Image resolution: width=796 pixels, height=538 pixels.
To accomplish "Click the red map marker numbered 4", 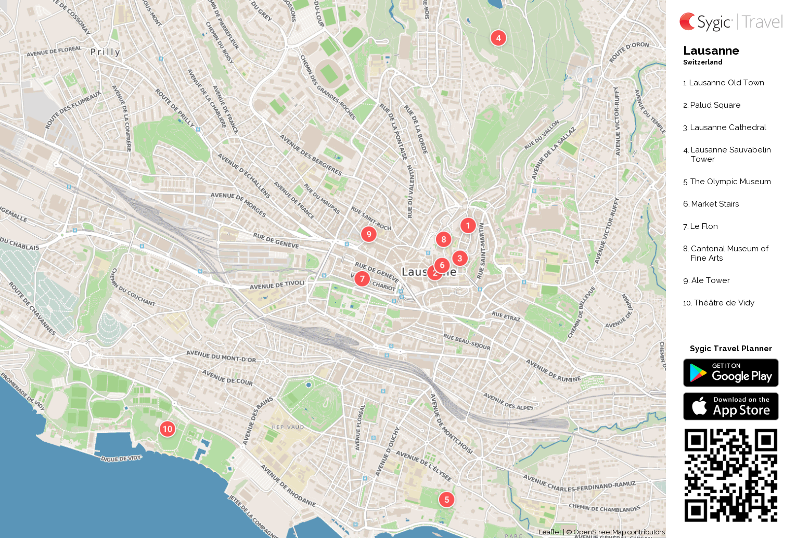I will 498,38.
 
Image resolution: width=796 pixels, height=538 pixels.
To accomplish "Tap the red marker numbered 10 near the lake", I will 167,429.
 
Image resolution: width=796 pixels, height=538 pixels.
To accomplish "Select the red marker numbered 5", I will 446,499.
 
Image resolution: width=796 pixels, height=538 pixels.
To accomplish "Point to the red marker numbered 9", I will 369,234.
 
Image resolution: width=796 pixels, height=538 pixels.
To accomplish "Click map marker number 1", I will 468,225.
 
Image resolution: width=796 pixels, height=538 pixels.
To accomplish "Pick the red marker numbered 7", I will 362,279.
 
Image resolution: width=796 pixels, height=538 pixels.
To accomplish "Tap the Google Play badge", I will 730,373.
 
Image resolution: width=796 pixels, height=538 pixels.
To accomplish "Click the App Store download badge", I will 730,406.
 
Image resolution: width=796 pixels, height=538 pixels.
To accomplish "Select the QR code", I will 730,475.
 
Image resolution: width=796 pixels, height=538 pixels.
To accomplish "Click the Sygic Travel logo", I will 730,22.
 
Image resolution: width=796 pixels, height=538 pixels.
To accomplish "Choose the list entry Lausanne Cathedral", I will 728,127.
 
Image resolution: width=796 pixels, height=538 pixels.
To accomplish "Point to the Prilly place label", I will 105,52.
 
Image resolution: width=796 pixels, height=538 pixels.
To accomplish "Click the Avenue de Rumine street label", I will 553,371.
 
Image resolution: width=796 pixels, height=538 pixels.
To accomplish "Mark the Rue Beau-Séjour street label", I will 467,342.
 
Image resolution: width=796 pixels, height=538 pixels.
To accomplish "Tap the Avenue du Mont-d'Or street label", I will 221,356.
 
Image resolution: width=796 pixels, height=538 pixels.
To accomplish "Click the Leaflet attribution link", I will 549,532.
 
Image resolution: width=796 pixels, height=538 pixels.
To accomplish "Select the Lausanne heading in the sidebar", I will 711,51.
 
